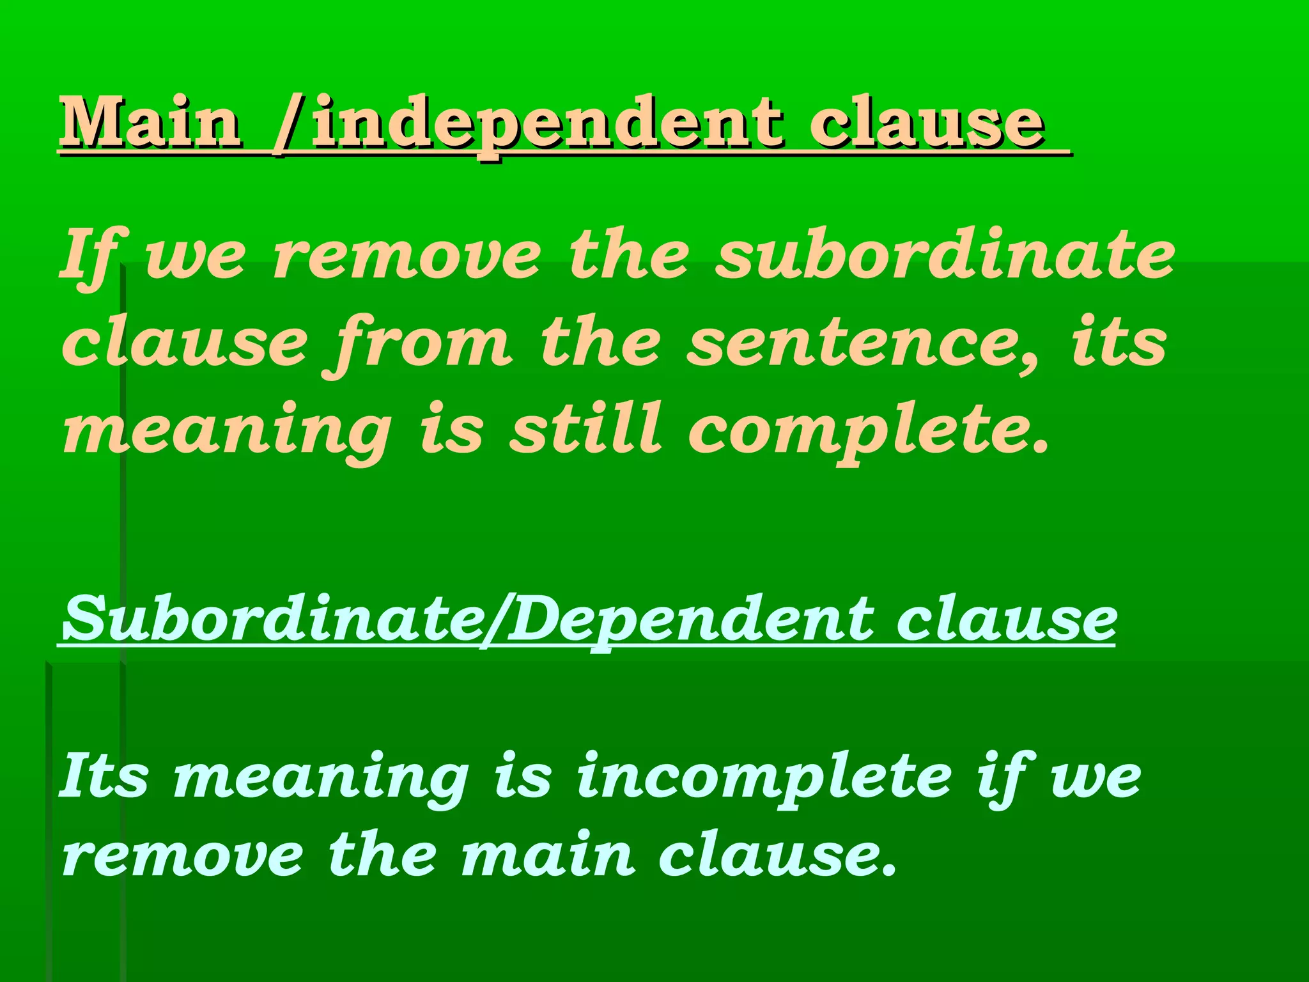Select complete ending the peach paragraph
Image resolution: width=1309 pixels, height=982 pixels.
click(x=867, y=432)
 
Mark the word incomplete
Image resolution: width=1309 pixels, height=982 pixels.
click(x=764, y=777)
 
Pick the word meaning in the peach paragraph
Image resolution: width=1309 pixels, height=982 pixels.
click(x=228, y=432)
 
